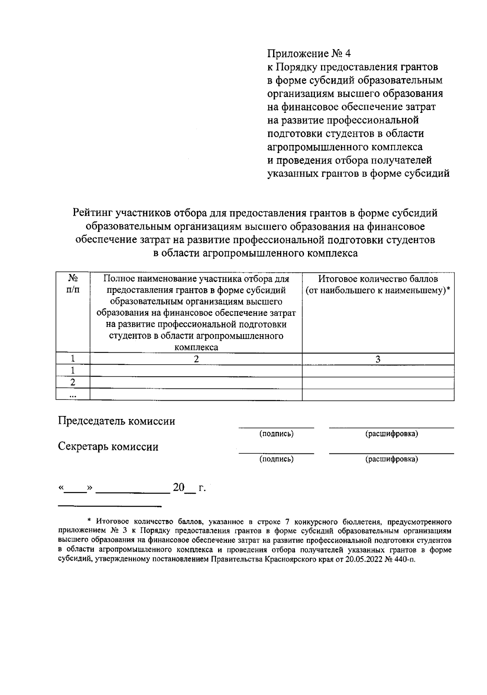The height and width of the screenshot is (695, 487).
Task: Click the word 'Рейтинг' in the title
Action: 93,213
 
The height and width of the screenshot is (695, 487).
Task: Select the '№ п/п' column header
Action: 73,284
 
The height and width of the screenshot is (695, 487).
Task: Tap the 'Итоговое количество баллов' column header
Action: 378,285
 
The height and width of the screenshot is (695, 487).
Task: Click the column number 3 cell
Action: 378,359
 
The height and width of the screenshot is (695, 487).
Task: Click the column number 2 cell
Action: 196,359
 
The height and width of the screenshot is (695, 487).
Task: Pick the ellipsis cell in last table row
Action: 73,395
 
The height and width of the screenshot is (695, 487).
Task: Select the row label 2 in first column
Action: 73,382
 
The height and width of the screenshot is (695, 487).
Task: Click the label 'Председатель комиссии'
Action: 117,421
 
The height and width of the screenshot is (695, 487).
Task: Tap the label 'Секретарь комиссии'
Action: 108,447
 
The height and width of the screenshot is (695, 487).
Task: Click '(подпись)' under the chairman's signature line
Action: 276,434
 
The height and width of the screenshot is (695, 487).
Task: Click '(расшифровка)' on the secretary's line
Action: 392,459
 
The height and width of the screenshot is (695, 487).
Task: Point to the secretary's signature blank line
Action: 276,452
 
